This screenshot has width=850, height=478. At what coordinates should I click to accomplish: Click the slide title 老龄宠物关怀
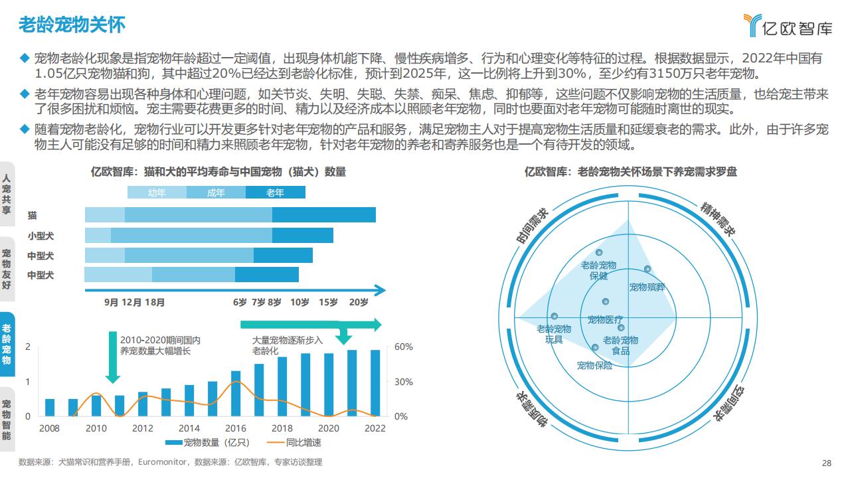coord(72,25)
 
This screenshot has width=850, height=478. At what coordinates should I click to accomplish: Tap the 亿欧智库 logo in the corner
coord(788,26)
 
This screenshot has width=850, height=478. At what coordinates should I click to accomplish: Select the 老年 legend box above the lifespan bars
coord(275,193)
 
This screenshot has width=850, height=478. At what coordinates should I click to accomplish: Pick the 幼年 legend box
coord(157,193)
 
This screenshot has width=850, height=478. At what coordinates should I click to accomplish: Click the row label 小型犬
coord(41,236)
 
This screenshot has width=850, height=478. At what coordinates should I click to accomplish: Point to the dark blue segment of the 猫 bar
coord(323,214)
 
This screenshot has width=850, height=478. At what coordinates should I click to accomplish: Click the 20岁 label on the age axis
coord(358,303)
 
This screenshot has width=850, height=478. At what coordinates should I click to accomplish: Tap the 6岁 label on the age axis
coord(240,303)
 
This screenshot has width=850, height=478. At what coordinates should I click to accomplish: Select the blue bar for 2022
coord(375,383)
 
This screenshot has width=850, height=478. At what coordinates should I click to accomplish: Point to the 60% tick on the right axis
coord(404,347)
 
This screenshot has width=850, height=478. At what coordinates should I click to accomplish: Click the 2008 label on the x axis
coord(49,428)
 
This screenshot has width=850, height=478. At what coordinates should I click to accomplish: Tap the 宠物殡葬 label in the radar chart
coord(647,287)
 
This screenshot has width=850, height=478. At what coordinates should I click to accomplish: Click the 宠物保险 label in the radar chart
coord(594,365)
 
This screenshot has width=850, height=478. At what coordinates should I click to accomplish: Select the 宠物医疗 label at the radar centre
coord(605,319)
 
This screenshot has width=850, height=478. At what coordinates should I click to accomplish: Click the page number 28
coord(827,463)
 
